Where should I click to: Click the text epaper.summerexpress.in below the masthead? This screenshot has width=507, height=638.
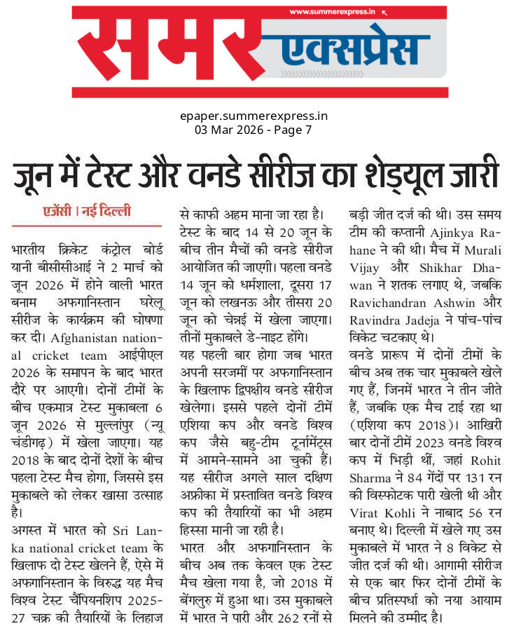coord(253,116)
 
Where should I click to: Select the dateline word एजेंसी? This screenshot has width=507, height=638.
coord(61,211)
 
